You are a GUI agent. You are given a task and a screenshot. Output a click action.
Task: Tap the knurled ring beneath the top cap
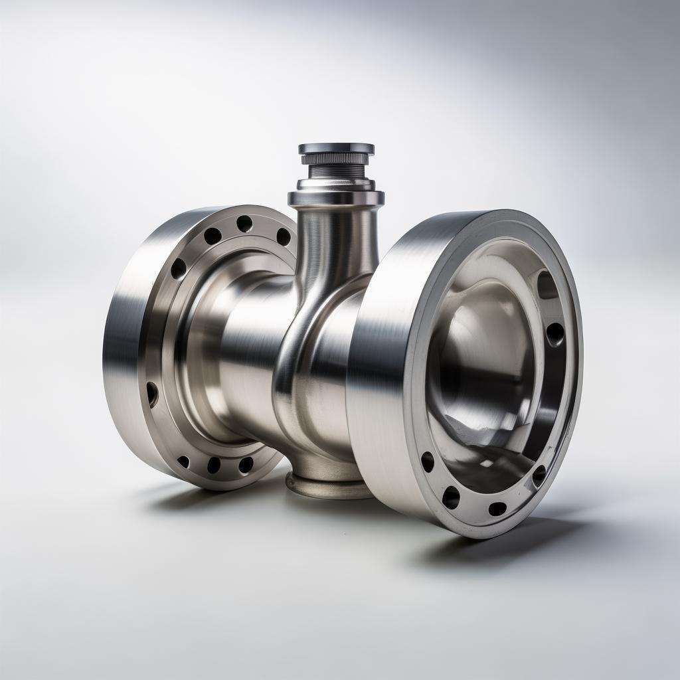tap(335, 159)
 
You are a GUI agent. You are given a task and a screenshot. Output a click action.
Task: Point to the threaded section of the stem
tap(335, 171)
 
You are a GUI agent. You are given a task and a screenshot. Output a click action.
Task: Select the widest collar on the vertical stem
tap(335, 197)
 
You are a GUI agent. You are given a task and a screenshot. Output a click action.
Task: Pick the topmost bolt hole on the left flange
tap(244, 224)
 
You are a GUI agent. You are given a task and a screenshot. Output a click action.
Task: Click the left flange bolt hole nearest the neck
tap(284, 236)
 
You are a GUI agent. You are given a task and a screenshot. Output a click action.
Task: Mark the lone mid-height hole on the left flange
tap(152, 394)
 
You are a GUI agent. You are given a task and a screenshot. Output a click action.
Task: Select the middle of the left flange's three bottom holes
tap(213, 465)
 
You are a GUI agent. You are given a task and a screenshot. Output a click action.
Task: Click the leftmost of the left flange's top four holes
tap(178, 268)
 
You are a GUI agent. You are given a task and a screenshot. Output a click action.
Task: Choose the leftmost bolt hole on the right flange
tap(428, 462)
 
